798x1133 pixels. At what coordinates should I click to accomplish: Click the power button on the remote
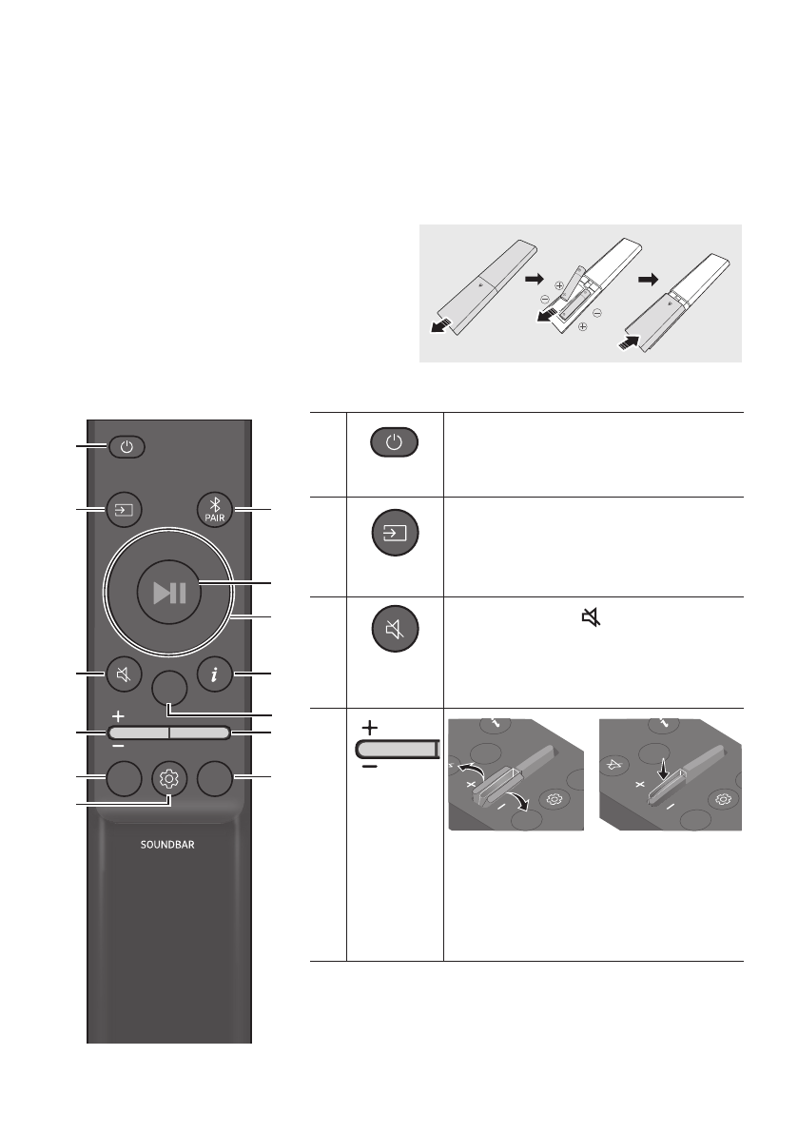[x=127, y=444]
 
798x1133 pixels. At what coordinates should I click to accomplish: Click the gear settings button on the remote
[x=169, y=780]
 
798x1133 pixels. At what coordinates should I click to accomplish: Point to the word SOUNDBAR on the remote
[x=169, y=845]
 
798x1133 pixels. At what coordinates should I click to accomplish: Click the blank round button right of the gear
[x=216, y=780]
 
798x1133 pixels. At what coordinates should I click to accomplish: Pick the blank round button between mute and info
[x=168, y=687]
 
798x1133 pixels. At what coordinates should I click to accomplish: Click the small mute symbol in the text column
[x=592, y=619]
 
